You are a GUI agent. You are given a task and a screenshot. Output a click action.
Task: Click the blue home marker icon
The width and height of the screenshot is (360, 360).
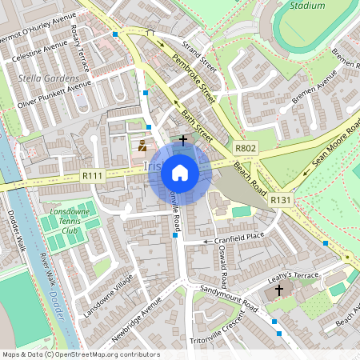[x=180, y=172]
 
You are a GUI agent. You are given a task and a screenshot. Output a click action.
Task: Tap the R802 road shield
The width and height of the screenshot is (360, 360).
[x=245, y=149]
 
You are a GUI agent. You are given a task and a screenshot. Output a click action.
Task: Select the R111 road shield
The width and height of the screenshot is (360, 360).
[x=93, y=176]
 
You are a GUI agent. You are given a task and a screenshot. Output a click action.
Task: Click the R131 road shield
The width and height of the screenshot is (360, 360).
[x=280, y=200]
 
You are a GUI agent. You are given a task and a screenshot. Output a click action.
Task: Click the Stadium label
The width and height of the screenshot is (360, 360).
[x=308, y=5]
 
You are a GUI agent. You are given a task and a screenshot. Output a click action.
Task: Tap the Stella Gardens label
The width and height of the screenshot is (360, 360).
[x=48, y=79]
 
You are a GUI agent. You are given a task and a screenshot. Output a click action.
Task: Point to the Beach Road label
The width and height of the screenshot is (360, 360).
[x=250, y=175]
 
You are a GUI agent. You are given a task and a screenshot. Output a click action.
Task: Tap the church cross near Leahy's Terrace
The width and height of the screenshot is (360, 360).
[x=279, y=290]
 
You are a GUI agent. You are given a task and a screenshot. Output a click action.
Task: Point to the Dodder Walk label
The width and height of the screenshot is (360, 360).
[x=17, y=232]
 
